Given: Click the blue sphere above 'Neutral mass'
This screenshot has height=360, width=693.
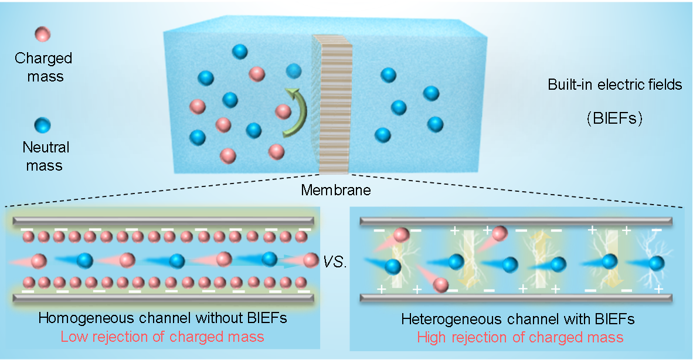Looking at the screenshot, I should point(43,125).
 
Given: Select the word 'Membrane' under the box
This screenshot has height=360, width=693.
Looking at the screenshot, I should point(336,190).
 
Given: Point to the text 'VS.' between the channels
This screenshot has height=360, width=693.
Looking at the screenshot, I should point(336,262).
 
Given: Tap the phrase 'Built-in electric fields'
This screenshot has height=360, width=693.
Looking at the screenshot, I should point(615,84).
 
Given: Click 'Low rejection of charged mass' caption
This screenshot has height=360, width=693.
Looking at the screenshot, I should point(162,337).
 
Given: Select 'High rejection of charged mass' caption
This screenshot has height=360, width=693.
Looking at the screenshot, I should point(520,337).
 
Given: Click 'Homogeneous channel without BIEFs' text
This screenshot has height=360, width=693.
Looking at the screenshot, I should point(162,320).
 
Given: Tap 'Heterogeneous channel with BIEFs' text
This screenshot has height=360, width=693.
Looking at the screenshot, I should point(519,320).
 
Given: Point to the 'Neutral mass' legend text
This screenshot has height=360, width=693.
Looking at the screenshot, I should point(44,156).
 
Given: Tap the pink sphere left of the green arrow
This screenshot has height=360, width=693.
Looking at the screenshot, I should point(283,111).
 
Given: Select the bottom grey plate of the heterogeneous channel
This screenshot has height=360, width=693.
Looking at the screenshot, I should point(516,298).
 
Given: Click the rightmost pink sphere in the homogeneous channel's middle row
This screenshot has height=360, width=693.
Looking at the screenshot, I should point(309,260).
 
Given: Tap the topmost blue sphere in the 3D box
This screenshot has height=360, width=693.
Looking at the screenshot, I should point(239,52).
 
